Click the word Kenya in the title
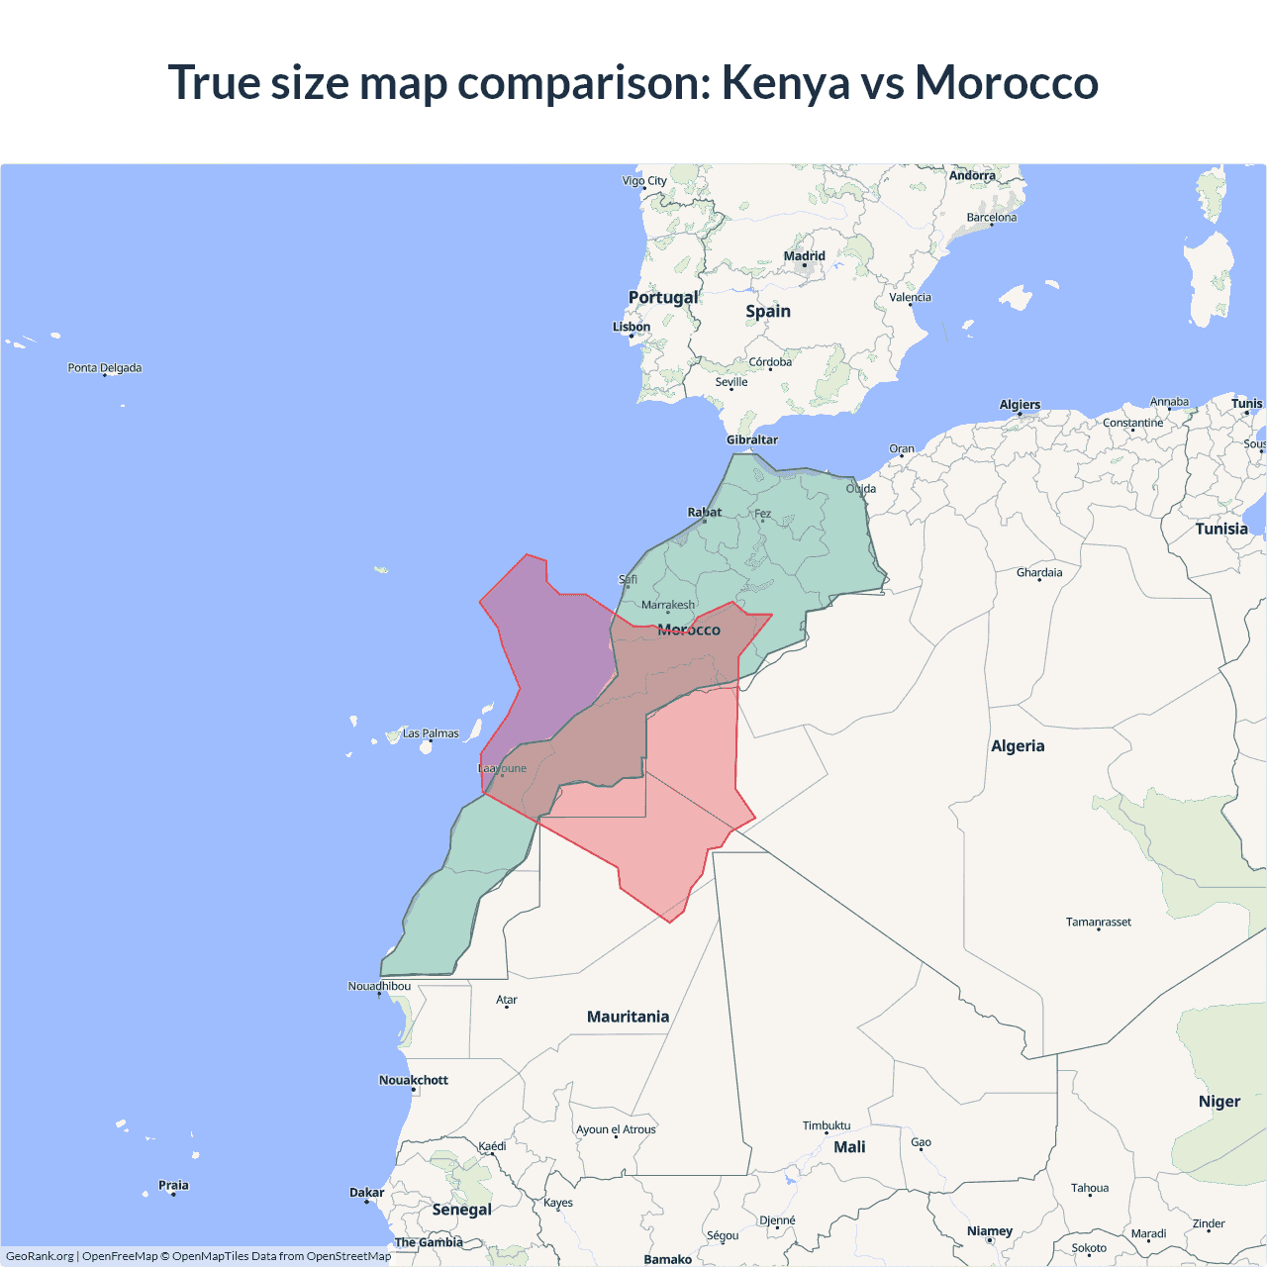pyautogui.click(x=785, y=83)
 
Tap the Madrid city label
pyautogui.click(x=804, y=256)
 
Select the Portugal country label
pyautogui.click(x=663, y=297)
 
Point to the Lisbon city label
pyautogui.click(x=632, y=327)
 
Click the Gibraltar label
pyautogui.click(x=752, y=439)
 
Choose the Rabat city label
pyautogui.click(x=705, y=512)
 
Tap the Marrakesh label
pyautogui.click(x=668, y=605)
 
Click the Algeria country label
pyautogui.click(x=1018, y=746)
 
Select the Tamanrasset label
pyautogui.click(x=1098, y=922)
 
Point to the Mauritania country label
pyautogui.click(x=628, y=1017)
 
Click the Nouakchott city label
pyautogui.click(x=414, y=1080)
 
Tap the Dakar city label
pyautogui.click(x=366, y=1193)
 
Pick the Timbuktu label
pyautogui.click(x=827, y=1125)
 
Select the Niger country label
pyautogui.click(x=1218, y=1102)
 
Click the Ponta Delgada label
pyautogui.click(x=105, y=368)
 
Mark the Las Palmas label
pyautogui.click(x=431, y=733)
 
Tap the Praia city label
pyautogui.click(x=173, y=1185)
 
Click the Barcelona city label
pyautogui.click(x=991, y=218)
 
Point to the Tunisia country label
pyautogui.click(x=1221, y=529)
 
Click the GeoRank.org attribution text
pyautogui.click(x=40, y=1256)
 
